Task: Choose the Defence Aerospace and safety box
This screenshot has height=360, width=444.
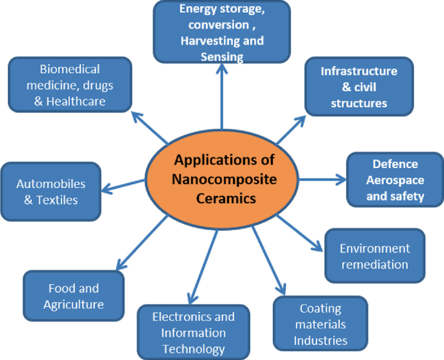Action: click(x=395, y=180)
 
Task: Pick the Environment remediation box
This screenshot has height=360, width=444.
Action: click(x=375, y=256)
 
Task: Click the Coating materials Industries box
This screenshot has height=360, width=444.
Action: click(x=320, y=324)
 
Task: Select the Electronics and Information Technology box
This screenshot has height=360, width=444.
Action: click(x=193, y=333)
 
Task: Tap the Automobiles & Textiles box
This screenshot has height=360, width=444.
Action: click(x=51, y=192)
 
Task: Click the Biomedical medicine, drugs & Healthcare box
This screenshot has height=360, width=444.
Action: click(x=70, y=84)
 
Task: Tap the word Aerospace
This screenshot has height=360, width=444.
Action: click(x=395, y=180)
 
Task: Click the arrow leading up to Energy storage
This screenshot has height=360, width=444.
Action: click(x=222, y=97)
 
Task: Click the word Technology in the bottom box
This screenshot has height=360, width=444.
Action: click(x=194, y=348)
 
